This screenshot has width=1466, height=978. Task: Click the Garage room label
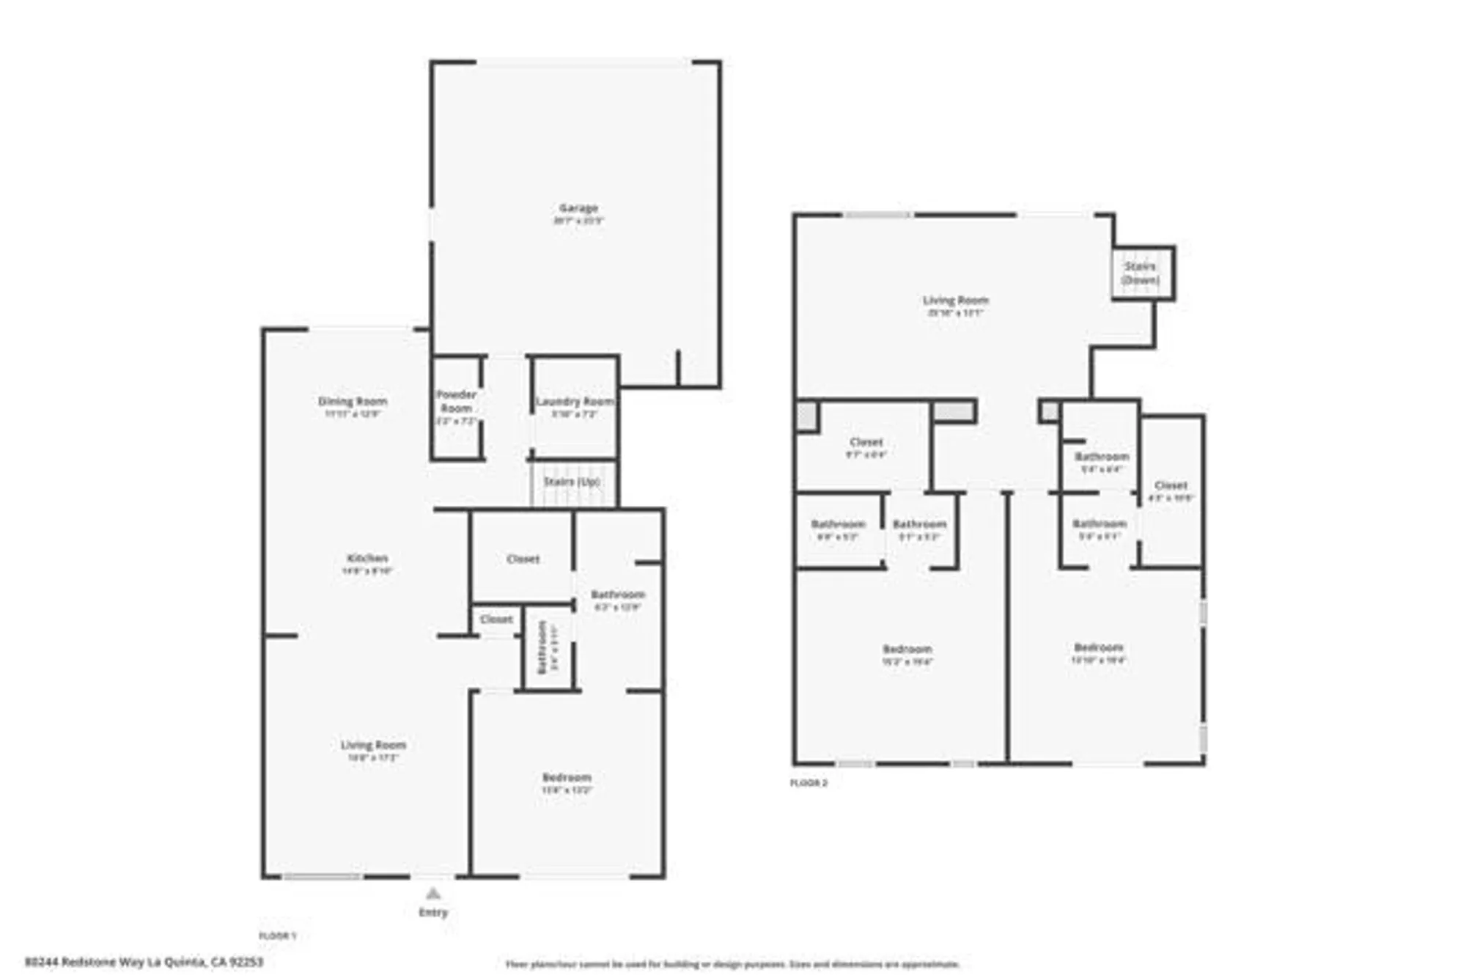click(578, 209)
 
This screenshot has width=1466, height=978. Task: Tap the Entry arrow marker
click(433, 893)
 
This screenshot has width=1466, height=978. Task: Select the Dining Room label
click(352, 402)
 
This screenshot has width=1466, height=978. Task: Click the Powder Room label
click(456, 402)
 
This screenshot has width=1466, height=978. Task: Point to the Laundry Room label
click(575, 402)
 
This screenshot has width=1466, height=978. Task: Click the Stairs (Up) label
click(572, 482)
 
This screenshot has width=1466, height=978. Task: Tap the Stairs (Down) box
click(1141, 273)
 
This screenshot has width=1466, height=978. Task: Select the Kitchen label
click(367, 559)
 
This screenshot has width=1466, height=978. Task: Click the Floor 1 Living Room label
click(373, 746)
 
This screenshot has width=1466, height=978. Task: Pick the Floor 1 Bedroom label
click(567, 778)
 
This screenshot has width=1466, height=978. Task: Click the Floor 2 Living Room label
click(955, 301)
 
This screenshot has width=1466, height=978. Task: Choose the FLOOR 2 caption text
click(808, 783)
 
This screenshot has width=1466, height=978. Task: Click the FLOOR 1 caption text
click(278, 936)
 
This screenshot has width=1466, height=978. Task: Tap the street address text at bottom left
click(144, 961)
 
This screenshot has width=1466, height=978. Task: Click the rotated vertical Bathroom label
click(543, 647)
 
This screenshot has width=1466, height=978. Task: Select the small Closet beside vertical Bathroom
click(496, 619)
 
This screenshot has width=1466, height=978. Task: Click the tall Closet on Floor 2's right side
click(1171, 486)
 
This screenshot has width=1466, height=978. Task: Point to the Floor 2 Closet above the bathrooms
click(866, 442)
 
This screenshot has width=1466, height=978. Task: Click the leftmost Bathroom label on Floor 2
click(838, 524)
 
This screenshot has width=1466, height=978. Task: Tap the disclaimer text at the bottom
click(732, 964)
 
